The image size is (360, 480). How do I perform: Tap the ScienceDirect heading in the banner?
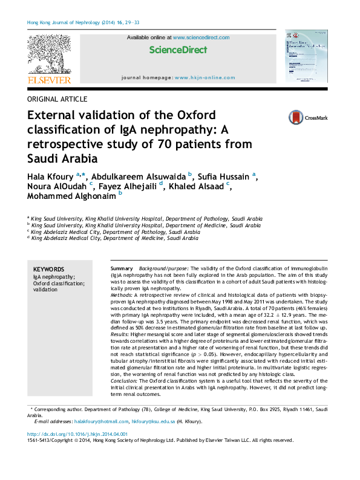click(x=178, y=50)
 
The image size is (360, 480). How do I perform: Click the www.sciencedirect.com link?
click(x=201, y=37)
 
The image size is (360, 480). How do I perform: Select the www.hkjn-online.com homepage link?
click(x=205, y=78)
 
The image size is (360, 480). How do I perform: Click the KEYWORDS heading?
click(x=48, y=270)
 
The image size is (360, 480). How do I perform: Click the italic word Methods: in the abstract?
click(x=123, y=294)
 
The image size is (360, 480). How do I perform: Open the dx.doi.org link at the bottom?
click(x=77, y=434)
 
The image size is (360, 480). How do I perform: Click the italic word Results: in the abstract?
click(x=121, y=334)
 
